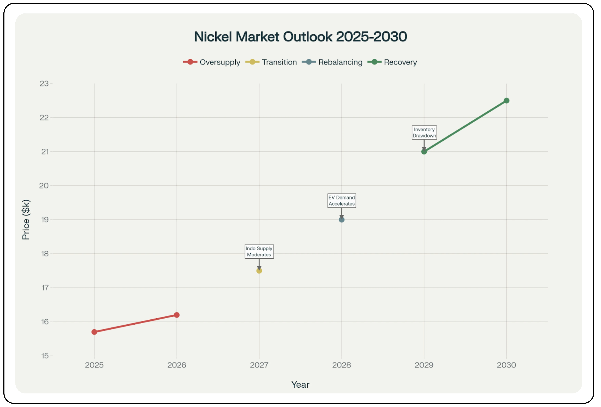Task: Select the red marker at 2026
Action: click(x=177, y=315)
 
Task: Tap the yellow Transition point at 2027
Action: click(x=259, y=271)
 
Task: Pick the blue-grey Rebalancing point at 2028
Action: click(x=342, y=220)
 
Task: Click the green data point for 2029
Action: click(x=424, y=151)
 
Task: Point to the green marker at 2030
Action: click(x=506, y=101)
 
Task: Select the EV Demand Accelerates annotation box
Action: click(x=342, y=201)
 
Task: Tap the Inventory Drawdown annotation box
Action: click(x=424, y=133)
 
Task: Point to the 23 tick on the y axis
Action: click(x=44, y=84)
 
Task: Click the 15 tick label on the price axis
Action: click(x=45, y=356)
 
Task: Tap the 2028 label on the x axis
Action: click(x=342, y=365)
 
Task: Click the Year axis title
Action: click(x=300, y=385)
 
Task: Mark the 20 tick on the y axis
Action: click(x=44, y=186)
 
